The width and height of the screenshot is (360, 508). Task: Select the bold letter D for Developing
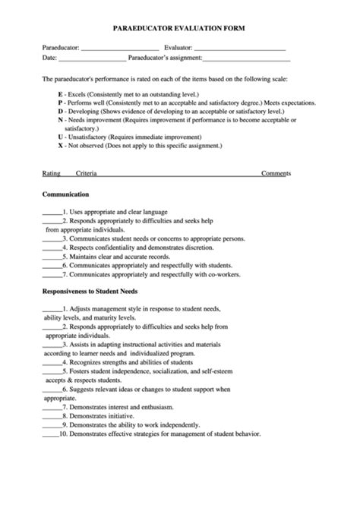(x=59, y=110)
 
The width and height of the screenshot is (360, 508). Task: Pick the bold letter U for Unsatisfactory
(x=59, y=137)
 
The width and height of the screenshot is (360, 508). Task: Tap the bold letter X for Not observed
(x=59, y=146)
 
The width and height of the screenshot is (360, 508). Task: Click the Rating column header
(x=51, y=173)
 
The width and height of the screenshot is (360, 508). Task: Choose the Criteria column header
(x=86, y=173)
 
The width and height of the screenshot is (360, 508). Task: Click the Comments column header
(x=276, y=173)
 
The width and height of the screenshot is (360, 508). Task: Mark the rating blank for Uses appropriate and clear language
(x=52, y=212)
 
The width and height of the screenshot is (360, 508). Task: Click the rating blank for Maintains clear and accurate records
(x=52, y=257)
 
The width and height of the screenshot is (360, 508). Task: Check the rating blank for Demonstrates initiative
(x=52, y=416)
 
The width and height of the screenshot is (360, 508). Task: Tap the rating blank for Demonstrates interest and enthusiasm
(x=52, y=407)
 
